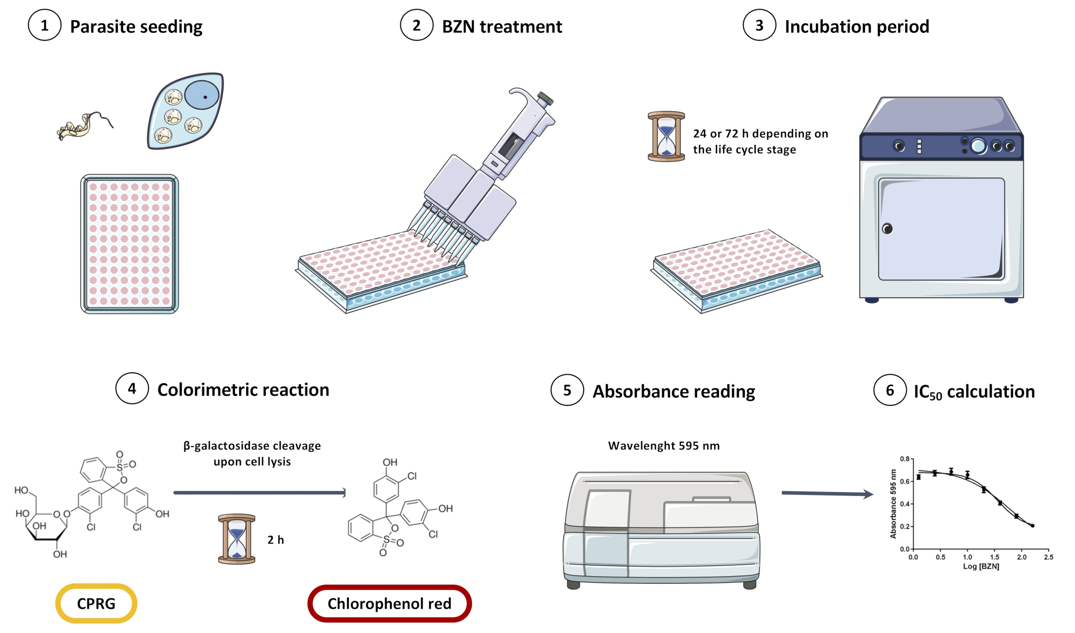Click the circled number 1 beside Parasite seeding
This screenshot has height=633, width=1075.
click(x=44, y=25)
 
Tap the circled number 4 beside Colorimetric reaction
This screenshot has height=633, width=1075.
click(x=132, y=389)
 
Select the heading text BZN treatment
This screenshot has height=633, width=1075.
click(x=501, y=26)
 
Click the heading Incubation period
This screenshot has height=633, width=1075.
click(x=856, y=26)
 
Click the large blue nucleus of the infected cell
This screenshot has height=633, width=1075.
click(x=202, y=95)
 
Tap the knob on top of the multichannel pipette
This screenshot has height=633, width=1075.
click(x=546, y=99)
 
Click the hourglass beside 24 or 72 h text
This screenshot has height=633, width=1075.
click(x=666, y=136)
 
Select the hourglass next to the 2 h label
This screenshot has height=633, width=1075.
click(x=237, y=539)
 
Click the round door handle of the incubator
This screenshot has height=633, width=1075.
click(x=887, y=228)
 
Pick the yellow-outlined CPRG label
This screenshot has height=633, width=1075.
click(x=96, y=603)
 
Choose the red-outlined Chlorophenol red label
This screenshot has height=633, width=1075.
click(x=389, y=603)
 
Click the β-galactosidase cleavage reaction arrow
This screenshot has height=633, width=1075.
click(x=260, y=493)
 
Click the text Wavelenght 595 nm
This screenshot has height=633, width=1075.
click(x=663, y=446)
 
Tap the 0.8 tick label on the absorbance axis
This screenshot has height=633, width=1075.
click(x=904, y=459)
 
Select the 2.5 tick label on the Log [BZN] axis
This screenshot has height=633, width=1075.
click(x=1049, y=557)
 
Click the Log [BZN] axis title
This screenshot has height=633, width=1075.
click(x=981, y=566)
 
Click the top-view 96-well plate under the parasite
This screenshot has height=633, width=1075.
click(x=129, y=244)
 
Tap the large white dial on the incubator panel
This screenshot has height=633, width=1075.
click(x=978, y=146)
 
